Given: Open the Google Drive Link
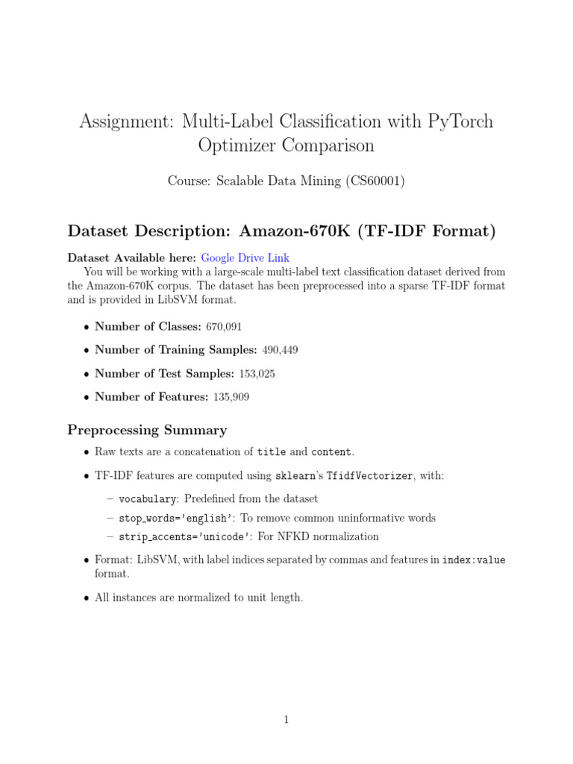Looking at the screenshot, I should (x=245, y=257).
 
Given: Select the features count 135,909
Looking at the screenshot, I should (x=231, y=397).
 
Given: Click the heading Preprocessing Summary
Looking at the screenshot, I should (x=147, y=430).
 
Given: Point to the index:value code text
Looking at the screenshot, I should (x=474, y=560).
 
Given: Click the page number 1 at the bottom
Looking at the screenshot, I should (x=286, y=720).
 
